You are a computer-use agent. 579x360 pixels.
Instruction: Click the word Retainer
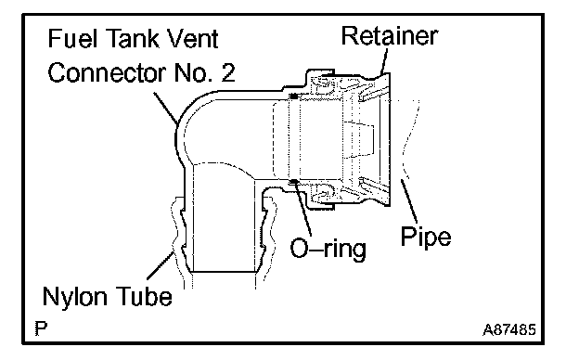[x=390, y=36]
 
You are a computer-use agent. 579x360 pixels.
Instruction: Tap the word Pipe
[x=426, y=237]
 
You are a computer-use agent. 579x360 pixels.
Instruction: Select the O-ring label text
[x=328, y=249]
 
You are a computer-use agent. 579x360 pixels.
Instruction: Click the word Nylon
[x=76, y=297]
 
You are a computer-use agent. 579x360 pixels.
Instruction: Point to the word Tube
[x=144, y=296]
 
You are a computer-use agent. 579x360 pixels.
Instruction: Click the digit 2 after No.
[x=228, y=72]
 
